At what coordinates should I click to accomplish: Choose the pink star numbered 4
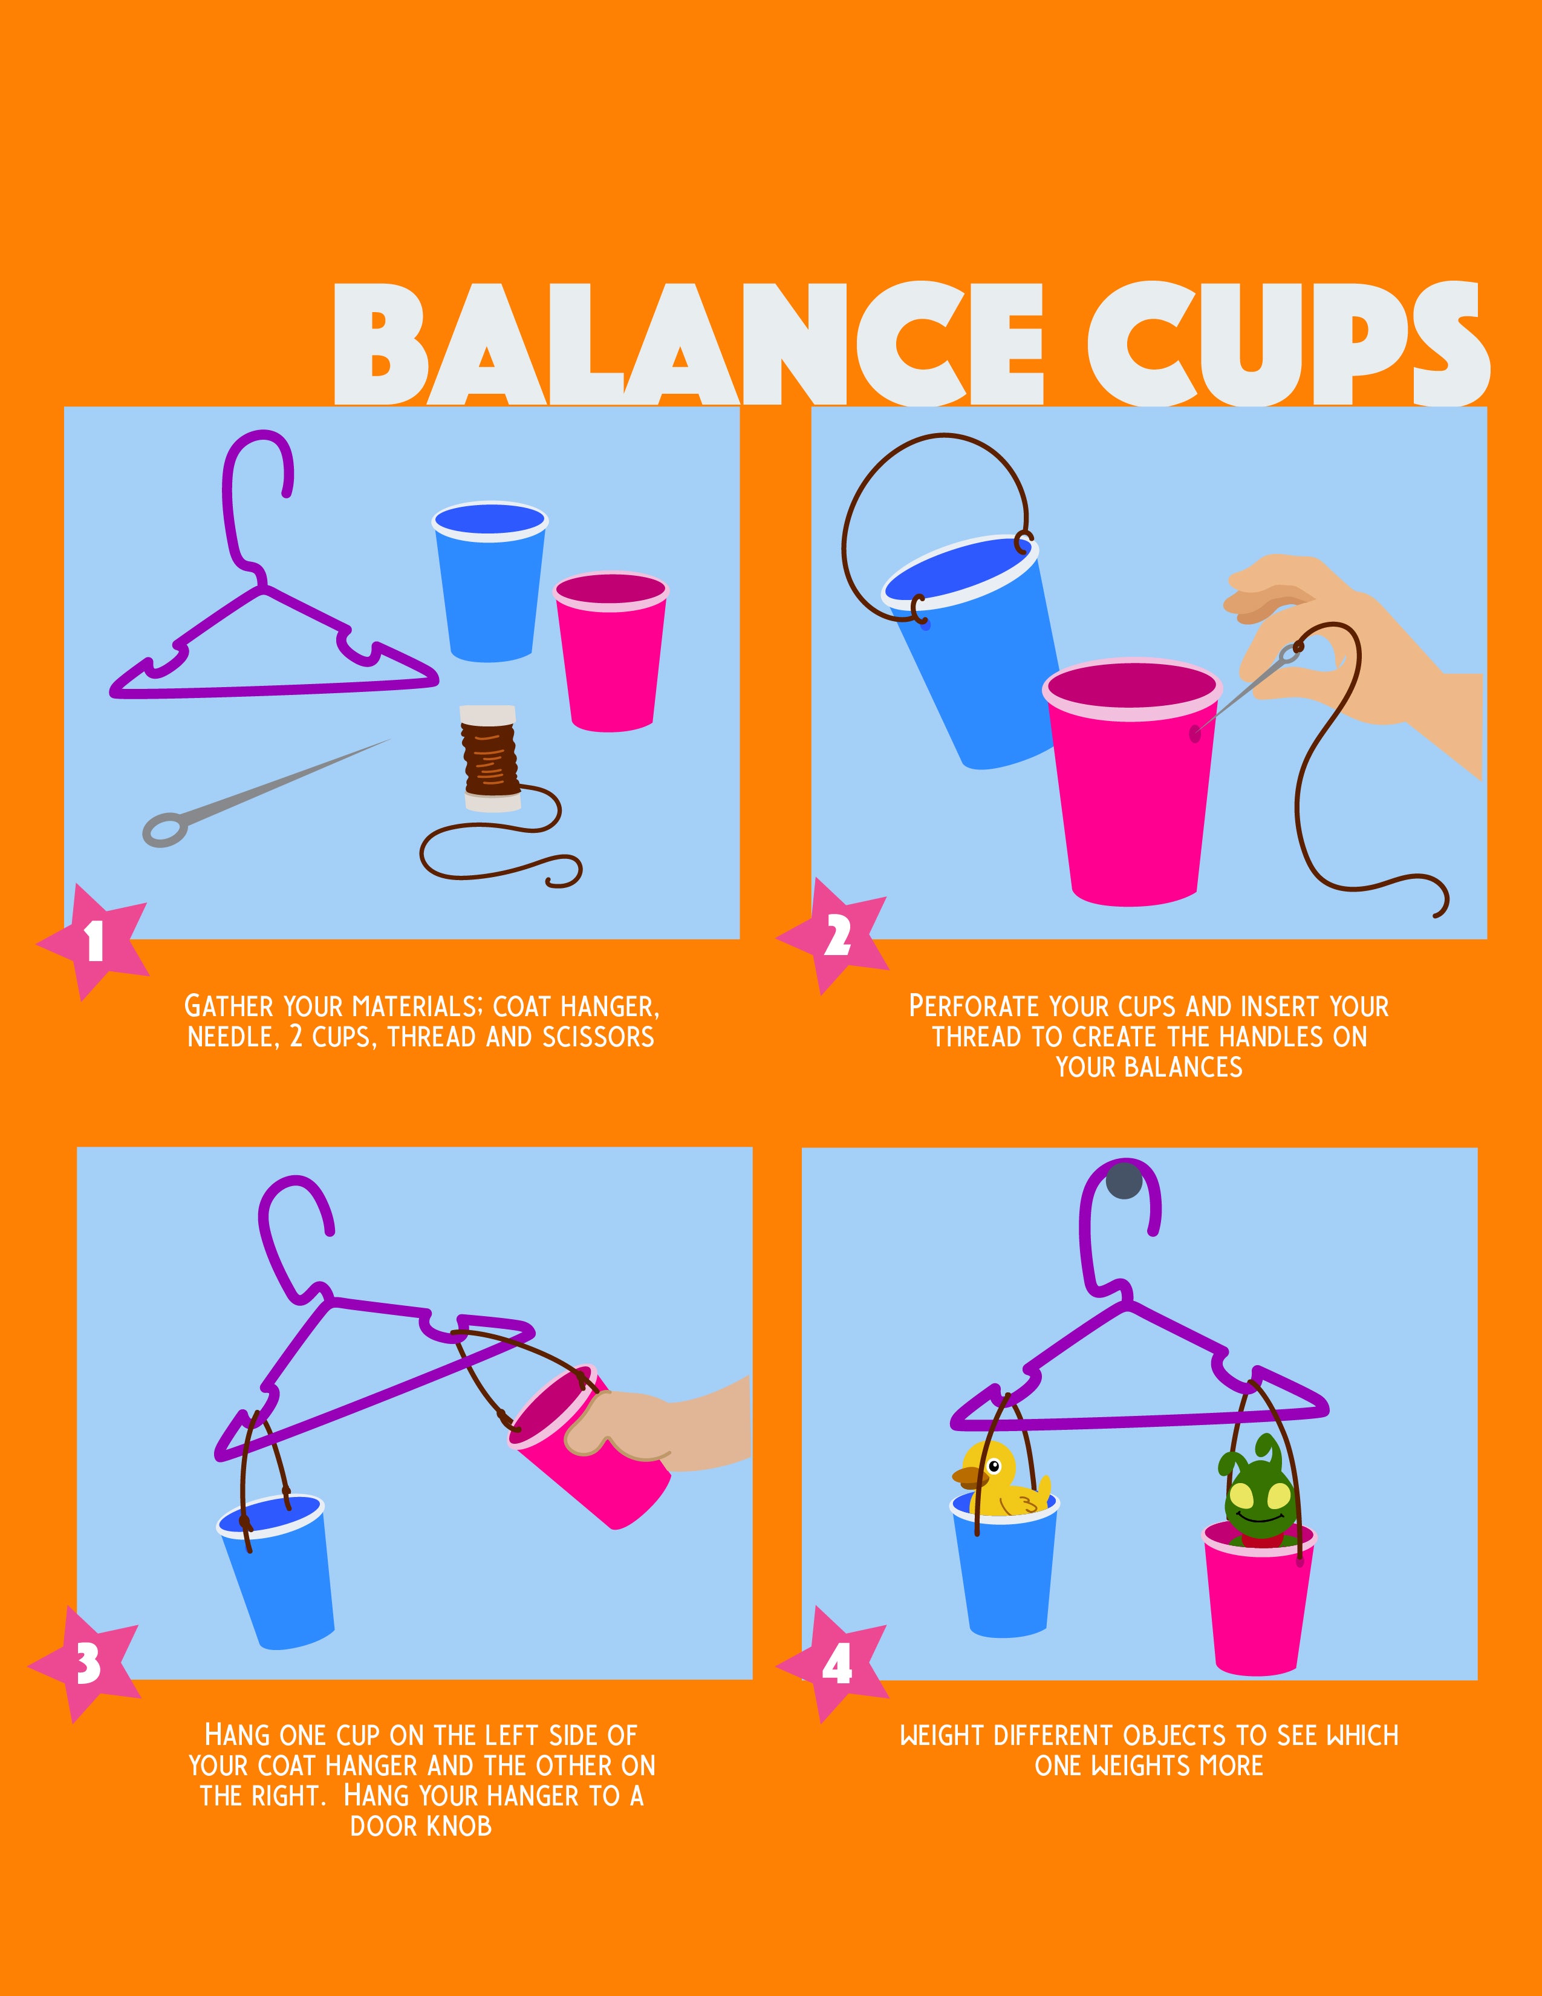(x=834, y=1665)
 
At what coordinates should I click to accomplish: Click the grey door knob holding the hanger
(x=1124, y=1180)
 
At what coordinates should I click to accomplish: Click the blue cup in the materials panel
(x=490, y=582)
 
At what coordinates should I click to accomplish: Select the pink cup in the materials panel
(x=611, y=651)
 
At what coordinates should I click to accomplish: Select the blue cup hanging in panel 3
(x=273, y=1571)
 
